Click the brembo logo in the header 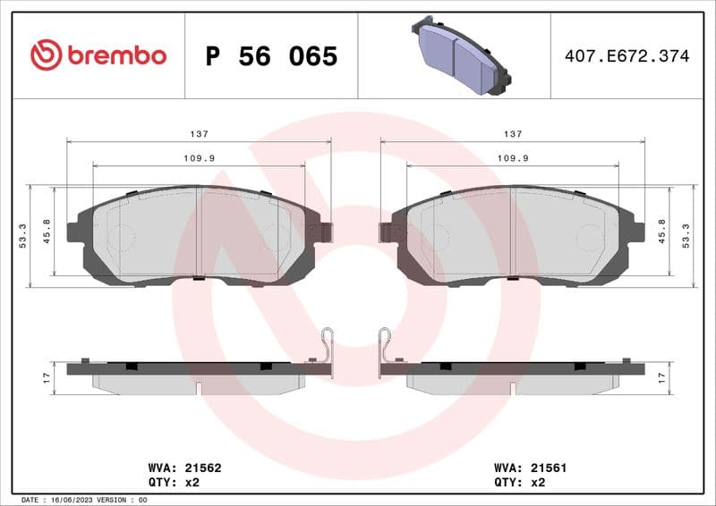tap(98, 55)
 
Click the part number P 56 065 tap(271, 56)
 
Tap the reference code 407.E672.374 tap(626, 56)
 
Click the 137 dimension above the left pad tap(199, 133)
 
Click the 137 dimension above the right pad tap(512, 133)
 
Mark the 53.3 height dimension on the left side tap(22, 236)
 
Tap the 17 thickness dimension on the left tap(47, 378)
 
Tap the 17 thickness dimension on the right tap(662, 378)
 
